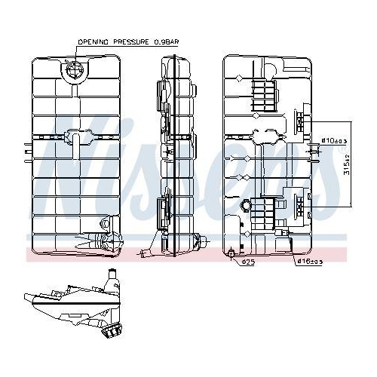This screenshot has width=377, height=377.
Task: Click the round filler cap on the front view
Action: [75, 71]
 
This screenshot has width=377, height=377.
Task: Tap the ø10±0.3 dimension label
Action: [334, 139]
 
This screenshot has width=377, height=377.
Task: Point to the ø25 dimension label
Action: [246, 262]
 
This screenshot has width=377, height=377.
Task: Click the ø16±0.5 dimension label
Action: [309, 262]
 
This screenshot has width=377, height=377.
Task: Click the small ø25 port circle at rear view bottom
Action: [230, 253]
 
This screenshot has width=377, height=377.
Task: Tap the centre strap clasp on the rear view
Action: [265, 136]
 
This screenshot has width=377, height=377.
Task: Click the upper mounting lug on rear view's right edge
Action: [304, 121]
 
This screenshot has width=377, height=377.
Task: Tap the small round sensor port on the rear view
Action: [245, 204]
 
